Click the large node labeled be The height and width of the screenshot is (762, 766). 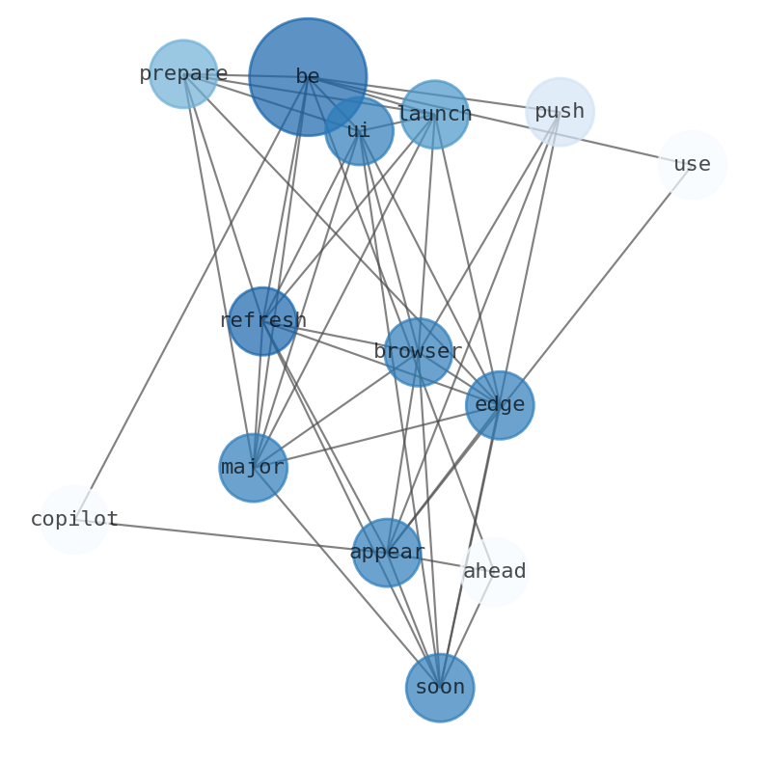307,76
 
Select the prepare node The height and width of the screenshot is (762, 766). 183,74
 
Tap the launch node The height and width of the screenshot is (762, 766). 434,114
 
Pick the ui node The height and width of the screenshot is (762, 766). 359,130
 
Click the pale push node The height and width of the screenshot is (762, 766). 560,112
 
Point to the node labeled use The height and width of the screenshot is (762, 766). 692,165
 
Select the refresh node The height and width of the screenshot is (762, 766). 262,321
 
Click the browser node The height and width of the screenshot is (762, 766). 418,352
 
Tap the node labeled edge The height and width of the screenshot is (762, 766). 500,405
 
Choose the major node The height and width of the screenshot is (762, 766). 253,468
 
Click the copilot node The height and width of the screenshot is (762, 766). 74,520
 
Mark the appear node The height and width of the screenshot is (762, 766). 387,553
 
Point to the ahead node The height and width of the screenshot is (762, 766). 494,572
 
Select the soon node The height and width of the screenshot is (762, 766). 440,688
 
